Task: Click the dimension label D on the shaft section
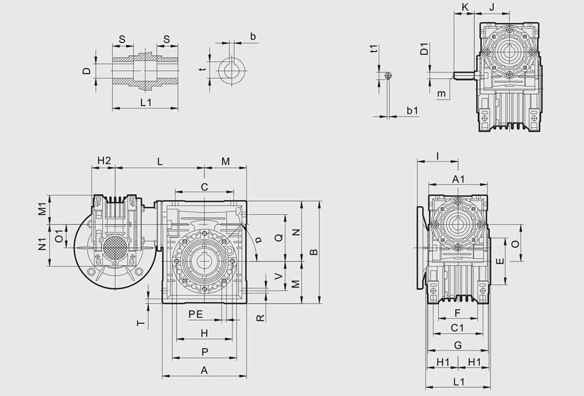[87, 71]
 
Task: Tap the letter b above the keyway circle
[253, 36]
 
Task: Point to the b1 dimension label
[413, 110]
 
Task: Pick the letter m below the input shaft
[442, 94]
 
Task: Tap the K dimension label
[464, 6]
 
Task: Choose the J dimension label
[492, 6]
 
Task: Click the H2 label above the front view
[104, 161]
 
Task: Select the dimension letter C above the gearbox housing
[204, 187]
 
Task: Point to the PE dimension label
[195, 314]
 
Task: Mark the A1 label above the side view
[459, 179]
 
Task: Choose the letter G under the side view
[457, 345]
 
